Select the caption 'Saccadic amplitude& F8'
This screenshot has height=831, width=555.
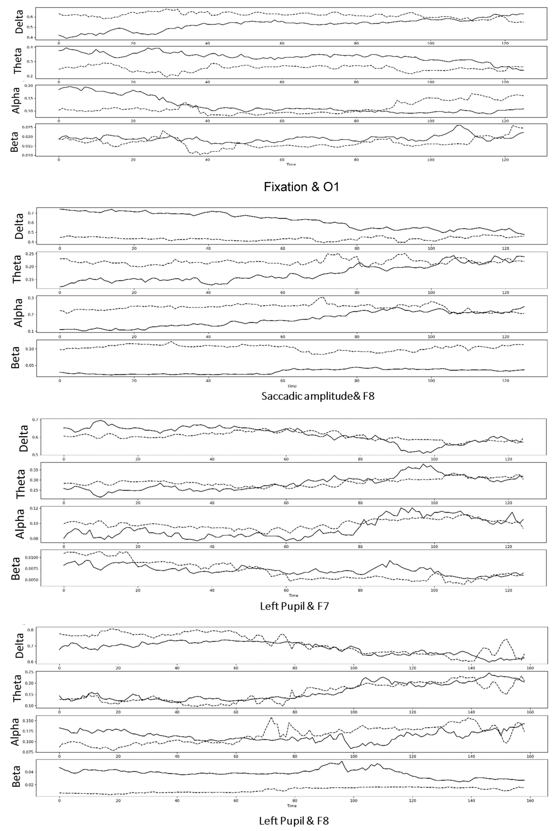pos(318,396)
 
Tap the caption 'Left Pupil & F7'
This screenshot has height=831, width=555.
pos(295,606)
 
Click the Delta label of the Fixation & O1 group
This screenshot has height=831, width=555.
pos(19,22)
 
